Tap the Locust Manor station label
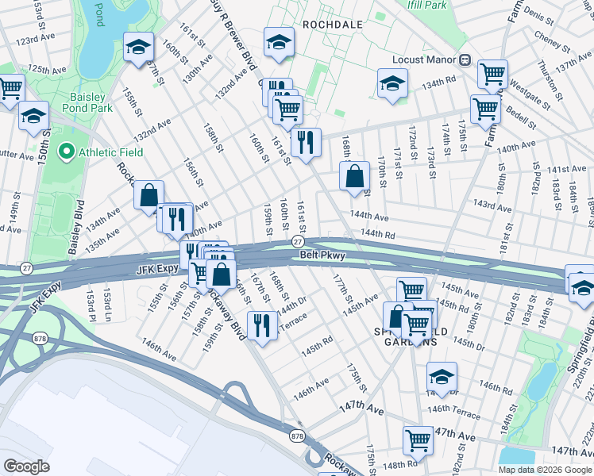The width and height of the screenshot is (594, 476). pyautogui.click(x=425, y=60)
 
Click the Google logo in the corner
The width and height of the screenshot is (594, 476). pyautogui.click(x=26, y=466)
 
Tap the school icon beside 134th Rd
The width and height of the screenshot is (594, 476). pyautogui.click(x=391, y=83)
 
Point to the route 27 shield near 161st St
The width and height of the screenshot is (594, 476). pyautogui.click(x=298, y=241)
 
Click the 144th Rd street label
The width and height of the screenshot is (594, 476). pyautogui.click(x=377, y=235)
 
